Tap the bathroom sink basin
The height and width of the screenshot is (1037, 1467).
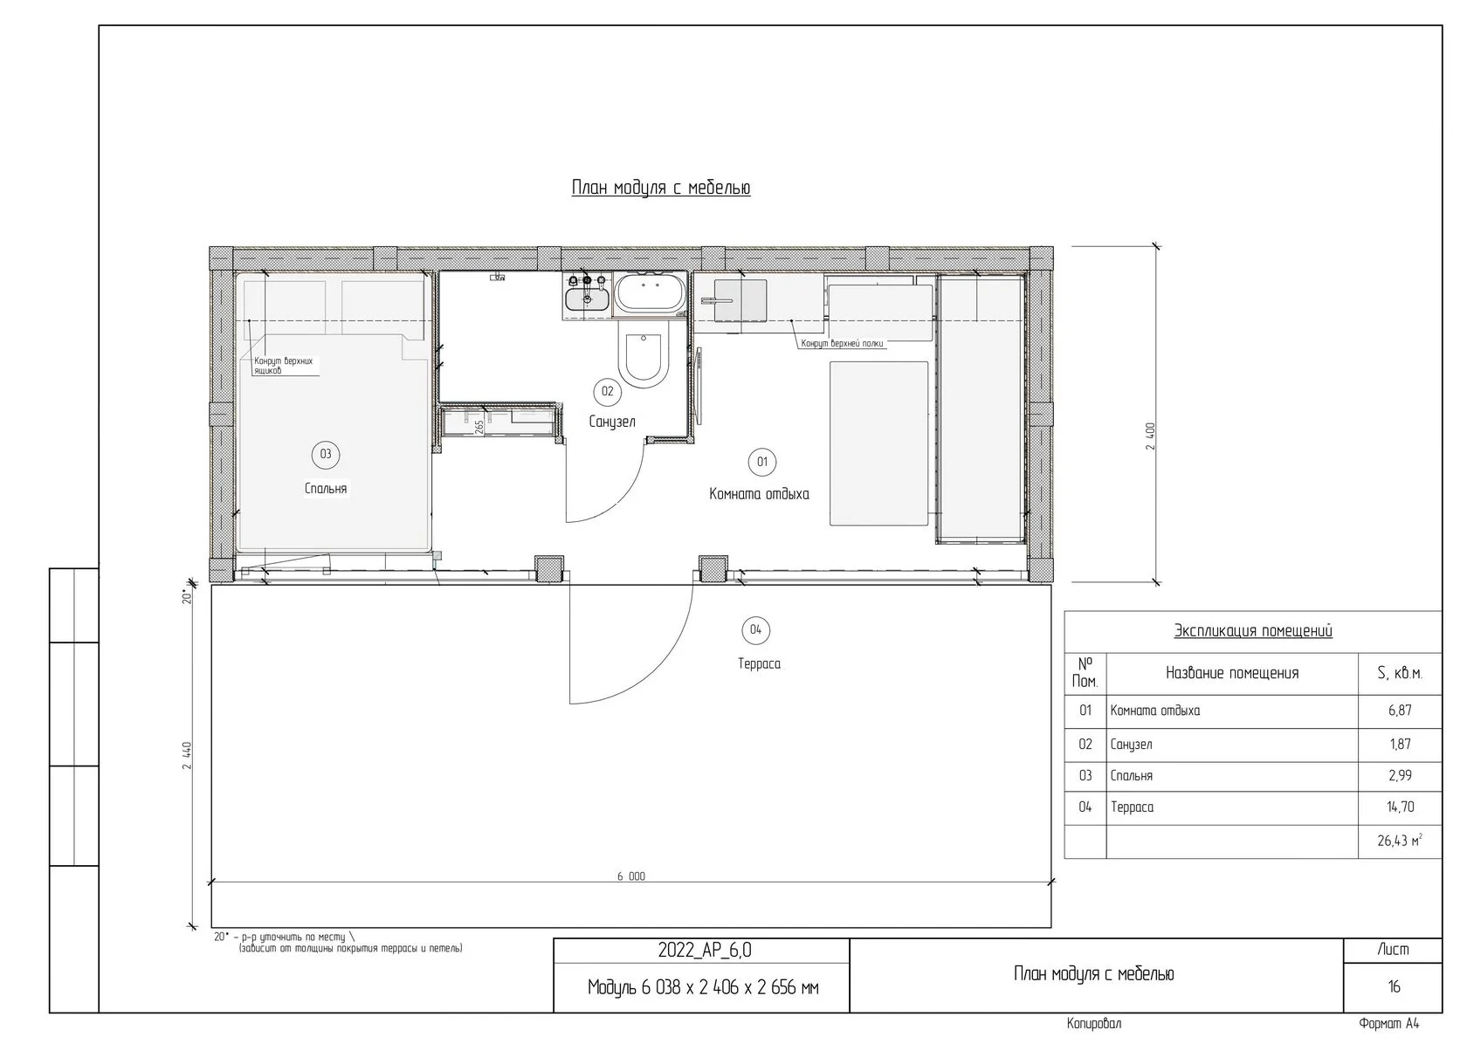pyautogui.click(x=587, y=299)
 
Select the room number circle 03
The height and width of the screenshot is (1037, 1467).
pyautogui.click(x=326, y=454)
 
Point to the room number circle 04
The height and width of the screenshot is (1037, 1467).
pyautogui.click(x=756, y=630)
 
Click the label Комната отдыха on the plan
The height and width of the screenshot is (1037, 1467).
pyautogui.click(x=759, y=494)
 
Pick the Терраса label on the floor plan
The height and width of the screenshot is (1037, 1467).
pyautogui.click(x=759, y=663)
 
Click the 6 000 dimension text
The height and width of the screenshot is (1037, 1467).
pyautogui.click(x=630, y=876)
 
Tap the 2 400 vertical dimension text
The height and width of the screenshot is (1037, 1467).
pyautogui.click(x=1151, y=436)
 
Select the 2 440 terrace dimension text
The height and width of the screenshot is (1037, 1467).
pyautogui.click(x=187, y=756)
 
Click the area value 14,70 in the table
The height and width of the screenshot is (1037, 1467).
pyautogui.click(x=1400, y=807)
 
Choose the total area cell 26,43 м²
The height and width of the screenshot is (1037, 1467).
pyautogui.click(x=1400, y=841)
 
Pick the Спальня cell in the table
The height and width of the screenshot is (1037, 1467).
pyautogui.click(x=1131, y=776)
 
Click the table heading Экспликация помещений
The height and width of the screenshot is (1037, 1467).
pyautogui.click(x=1253, y=631)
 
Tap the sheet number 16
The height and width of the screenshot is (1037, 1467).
pyautogui.click(x=1394, y=986)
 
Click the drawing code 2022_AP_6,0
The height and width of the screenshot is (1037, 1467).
pyautogui.click(x=705, y=951)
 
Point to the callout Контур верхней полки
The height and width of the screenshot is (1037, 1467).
pyautogui.click(x=842, y=343)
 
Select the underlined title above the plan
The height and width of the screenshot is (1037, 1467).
pyautogui.click(x=661, y=188)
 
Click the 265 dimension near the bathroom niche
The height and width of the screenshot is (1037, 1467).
pyautogui.click(x=479, y=426)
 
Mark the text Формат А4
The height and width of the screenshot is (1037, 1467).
pyautogui.click(x=1389, y=1023)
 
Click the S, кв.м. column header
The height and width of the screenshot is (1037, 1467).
pyautogui.click(x=1400, y=674)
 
